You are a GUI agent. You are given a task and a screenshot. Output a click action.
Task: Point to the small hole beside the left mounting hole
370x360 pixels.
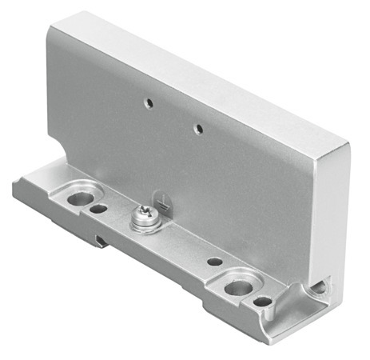pyautogui.click(x=98, y=210)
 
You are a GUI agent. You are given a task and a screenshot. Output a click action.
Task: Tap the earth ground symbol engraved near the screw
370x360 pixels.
pyautogui.click(x=162, y=204)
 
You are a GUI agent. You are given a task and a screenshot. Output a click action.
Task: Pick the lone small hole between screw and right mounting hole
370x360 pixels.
pyautogui.click(x=214, y=261)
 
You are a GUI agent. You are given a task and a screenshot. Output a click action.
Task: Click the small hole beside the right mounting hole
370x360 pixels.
pyautogui.click(x=262, y=302)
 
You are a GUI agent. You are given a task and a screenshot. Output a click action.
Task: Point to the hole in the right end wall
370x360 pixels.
pyautogui.click(x=321, y=285)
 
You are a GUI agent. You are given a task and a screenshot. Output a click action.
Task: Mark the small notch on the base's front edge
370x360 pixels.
pyautogui.click(x=98, y=239)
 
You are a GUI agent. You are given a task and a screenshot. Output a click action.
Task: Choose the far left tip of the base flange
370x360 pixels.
pyautogui.click(x=14, y=190)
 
